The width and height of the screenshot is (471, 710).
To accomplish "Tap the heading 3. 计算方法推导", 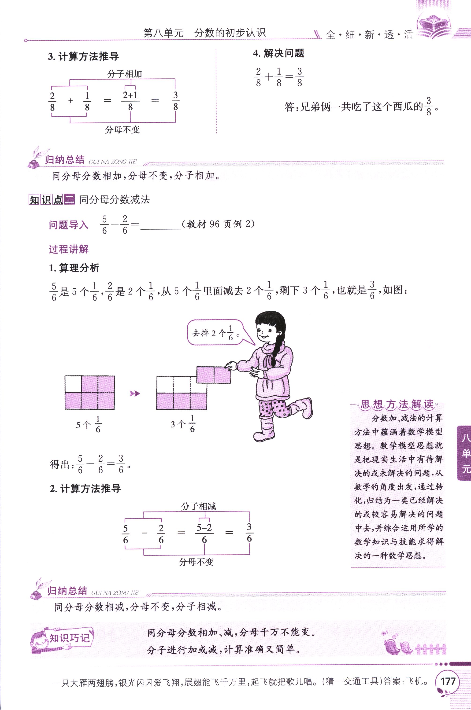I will pos(83,56).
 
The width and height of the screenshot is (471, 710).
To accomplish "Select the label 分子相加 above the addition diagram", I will pos(124,74).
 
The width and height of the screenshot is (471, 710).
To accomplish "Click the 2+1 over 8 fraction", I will pos(130,101).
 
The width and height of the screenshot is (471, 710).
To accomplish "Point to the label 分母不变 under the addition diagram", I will pos(122,130).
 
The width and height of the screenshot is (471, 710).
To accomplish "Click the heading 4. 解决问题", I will pos(278,53).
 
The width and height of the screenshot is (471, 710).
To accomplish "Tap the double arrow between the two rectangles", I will pos(135,394).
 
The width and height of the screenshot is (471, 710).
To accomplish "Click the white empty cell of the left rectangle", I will pos(73,384).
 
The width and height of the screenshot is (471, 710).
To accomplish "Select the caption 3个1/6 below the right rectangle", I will pos(183,424).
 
